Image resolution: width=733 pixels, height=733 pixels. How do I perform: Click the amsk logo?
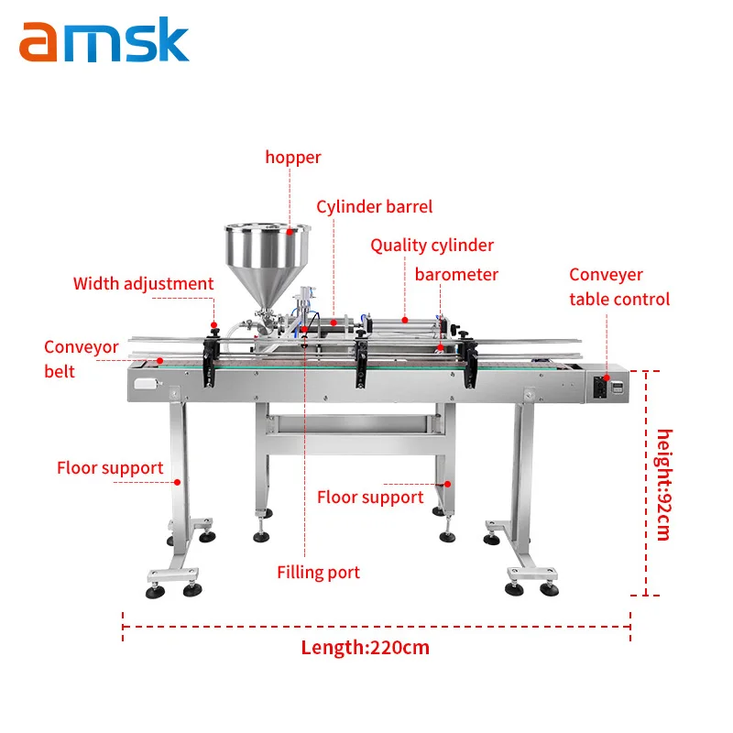tap(104, 39)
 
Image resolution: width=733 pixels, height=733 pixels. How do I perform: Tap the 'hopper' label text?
tap(293, 158)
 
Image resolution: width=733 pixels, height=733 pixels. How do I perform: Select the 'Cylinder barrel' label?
tap(375, 207)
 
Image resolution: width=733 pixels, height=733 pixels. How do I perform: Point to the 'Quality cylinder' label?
tap(432, 246)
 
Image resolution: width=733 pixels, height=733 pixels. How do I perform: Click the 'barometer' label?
tap(456, 274)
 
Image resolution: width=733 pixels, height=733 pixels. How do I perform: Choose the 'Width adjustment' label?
tap(143, 284)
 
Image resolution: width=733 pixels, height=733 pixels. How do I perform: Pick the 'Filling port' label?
tap(318, 573)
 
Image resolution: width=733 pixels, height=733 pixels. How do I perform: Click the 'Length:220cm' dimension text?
tap(365, 648)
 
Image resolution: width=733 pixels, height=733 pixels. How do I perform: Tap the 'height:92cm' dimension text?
tap(663, 485)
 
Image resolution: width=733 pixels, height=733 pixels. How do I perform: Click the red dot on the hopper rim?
tap(290, 232)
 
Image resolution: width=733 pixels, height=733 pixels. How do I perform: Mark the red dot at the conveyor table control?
tap(607, 377)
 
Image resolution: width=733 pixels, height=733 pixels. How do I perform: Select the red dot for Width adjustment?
tap(214, 325)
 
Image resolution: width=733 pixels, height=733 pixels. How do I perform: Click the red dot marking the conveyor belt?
tap(159, 361)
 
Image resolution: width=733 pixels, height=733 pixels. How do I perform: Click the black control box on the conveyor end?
tap(600, 387)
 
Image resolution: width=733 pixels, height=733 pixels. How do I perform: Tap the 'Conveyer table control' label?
tap(619, 287)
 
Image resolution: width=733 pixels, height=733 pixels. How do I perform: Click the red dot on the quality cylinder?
tap(405, 320)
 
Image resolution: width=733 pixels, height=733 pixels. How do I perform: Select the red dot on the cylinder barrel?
tap(334, 323)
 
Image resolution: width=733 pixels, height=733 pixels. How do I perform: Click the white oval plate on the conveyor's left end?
tap(146, 384)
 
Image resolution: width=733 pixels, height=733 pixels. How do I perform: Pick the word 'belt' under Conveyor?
tap(60, 372)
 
